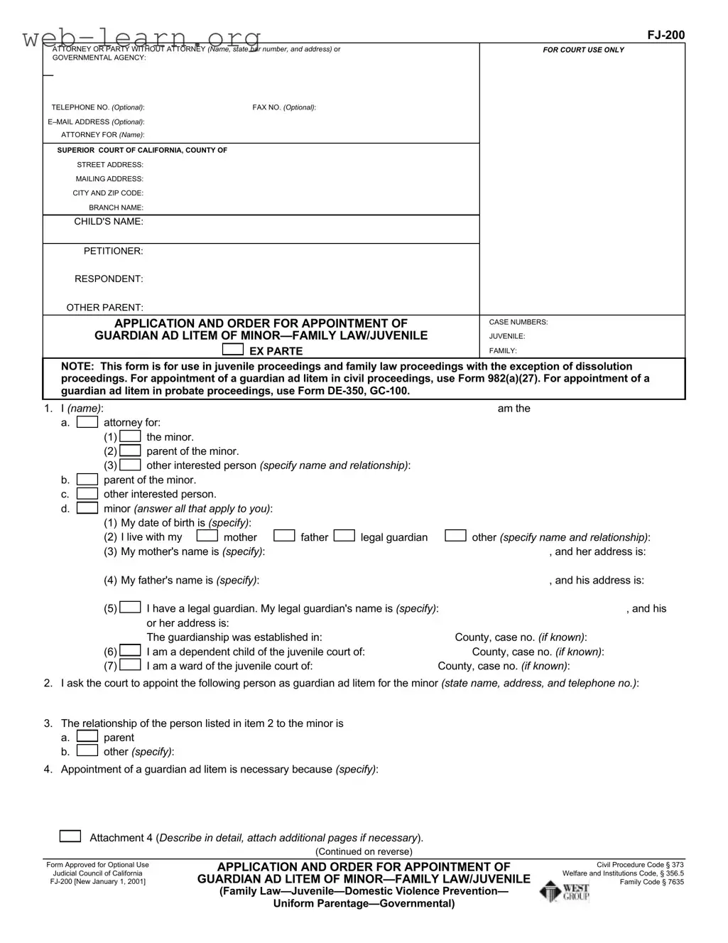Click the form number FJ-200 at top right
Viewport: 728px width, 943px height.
[x=665, y=35]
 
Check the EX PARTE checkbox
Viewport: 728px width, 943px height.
[x=232, y=350]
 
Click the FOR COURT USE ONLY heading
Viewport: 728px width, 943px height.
[x=583, y=50]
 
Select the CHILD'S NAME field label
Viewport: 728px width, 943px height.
[x=109, y=222]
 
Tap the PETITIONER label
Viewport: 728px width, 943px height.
[x=114, y=251]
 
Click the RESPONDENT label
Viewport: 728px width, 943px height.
[x=109, y=279]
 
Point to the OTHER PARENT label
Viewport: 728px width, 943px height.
[x=104, y=308]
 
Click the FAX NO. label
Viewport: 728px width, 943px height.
[x=283, y=107]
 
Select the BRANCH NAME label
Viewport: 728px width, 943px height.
[x=116, y=208]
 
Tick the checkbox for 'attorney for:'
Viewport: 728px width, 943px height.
[x=87, y=422]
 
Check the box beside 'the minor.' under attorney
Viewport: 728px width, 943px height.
[x=130, y=436]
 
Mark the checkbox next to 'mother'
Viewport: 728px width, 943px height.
[x=207, y=536]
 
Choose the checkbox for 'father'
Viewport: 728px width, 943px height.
[x=284, y=536]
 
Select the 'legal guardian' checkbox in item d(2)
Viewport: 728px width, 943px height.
[x=344, y=536]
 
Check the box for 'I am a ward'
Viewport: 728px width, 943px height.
[x=130, y=665]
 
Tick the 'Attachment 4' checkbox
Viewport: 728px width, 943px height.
[x=70, y=836]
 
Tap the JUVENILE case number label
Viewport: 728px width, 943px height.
[x=507, y=336]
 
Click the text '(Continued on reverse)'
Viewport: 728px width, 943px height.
[x=364, y=851]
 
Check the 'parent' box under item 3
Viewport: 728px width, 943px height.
[x=87, y=736]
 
